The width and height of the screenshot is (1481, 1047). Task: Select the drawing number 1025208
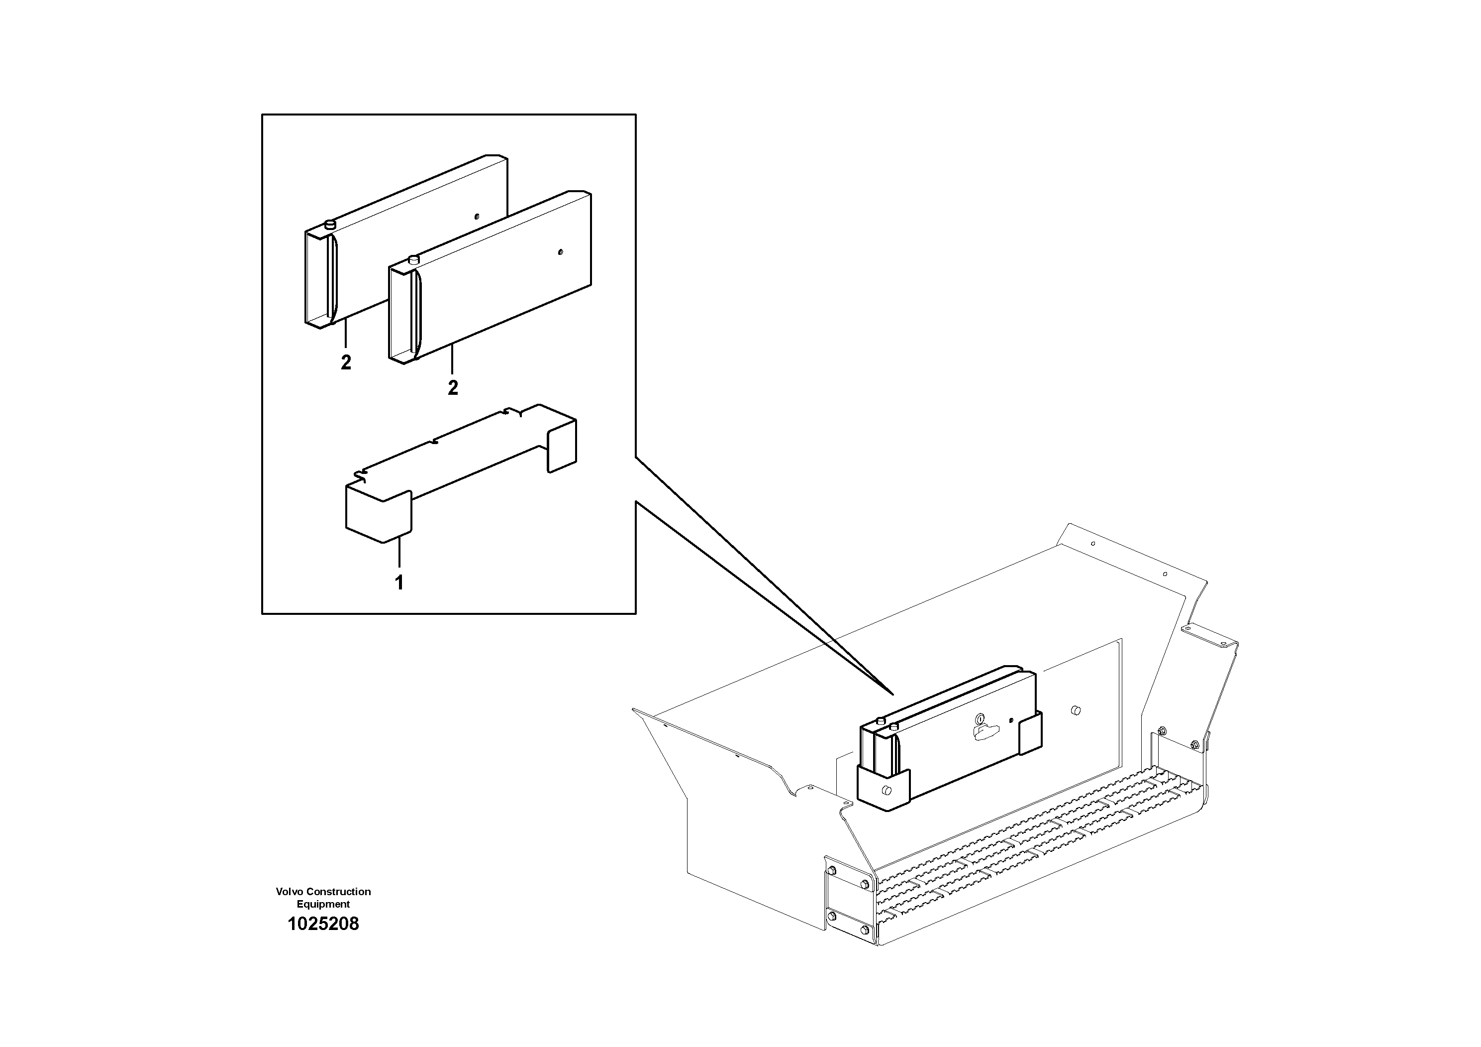point(323,925)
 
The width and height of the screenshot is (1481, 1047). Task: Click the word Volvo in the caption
point(289,892)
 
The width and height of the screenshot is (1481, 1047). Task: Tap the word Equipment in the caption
point(323,904)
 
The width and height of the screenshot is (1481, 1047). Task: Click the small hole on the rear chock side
point(476,216)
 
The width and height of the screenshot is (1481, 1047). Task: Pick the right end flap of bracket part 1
point(561,446)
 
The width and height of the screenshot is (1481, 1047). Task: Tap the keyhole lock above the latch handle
point(979,718)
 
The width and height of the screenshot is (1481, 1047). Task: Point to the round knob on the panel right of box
point(1075,710)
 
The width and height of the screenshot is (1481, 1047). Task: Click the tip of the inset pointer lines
point(892,694)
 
